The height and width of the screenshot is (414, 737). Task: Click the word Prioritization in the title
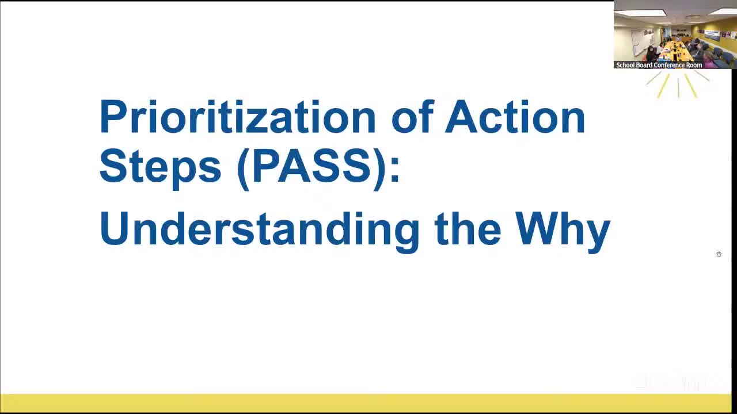tap(237, 117)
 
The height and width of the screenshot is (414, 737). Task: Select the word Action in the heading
tap(515, 117)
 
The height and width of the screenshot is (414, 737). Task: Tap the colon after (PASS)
tap(395, 169)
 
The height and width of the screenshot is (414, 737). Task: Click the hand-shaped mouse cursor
tap(719, 254)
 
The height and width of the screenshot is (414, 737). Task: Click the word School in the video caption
tap(625, 65)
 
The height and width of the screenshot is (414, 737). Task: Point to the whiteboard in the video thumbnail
tap(640, 42)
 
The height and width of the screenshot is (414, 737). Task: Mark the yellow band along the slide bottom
tap(366, 403)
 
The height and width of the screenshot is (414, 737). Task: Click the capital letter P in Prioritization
tap(112, 117)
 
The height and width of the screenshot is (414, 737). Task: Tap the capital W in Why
tap(535, 228)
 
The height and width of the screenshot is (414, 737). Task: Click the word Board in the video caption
tap(644, 65)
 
